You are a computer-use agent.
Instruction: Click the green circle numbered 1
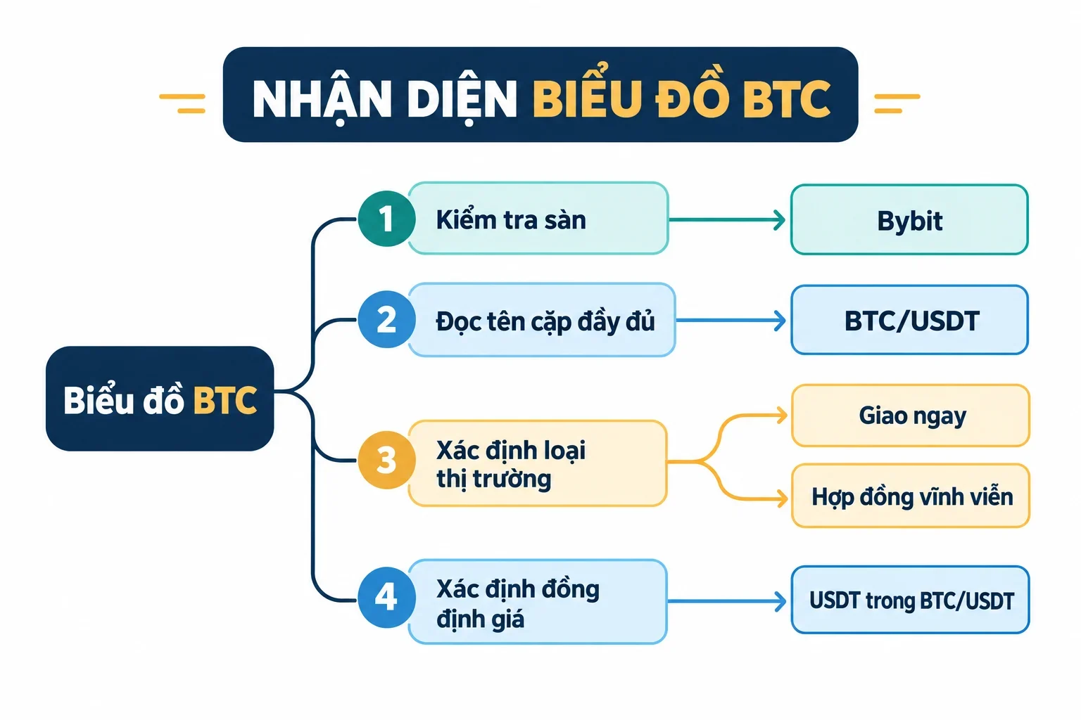click(386, 219)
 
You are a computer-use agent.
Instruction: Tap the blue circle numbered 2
click(386, 319)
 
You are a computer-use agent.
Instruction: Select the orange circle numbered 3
click(386, 460)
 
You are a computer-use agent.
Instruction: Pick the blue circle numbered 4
click(386, 598)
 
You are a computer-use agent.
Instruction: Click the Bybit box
click(910, 219)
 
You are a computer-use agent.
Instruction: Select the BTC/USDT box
click(910, 320)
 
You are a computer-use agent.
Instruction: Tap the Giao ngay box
click(911, 416)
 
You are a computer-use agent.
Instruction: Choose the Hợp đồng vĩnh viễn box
click(911, 495)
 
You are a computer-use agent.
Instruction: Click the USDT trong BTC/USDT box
click(910, 600)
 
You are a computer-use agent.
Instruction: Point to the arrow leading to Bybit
click(727, 220)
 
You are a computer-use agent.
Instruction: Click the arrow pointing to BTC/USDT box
click(731, 320)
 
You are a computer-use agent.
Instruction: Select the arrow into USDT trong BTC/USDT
click(727, 601)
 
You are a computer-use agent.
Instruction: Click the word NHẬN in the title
click(322, 99)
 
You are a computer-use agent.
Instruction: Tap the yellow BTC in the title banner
click(787, 99)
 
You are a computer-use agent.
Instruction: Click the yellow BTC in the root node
click(225, 400)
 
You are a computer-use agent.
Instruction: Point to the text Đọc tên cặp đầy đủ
click(545, 321)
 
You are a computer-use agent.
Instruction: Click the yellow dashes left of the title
click(182, 103)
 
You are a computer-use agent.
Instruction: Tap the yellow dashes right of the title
click(897, 103)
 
